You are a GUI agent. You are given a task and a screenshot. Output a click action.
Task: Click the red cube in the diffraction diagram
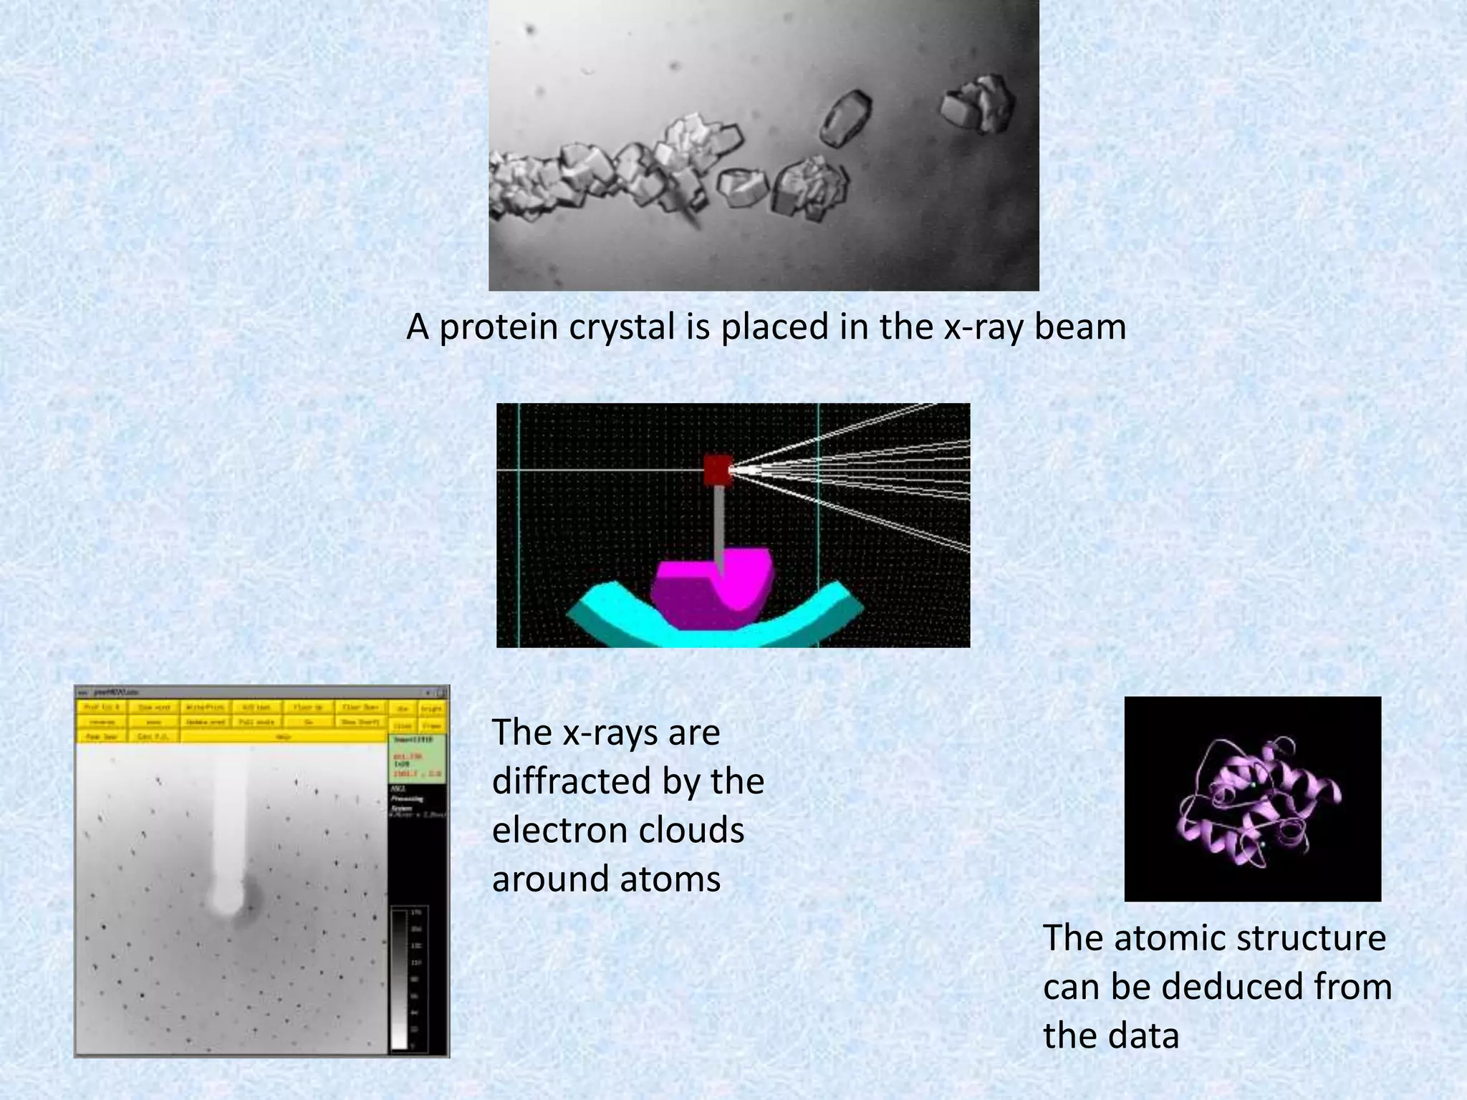(x=717, y=471)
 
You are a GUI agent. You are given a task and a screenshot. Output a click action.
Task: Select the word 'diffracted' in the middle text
(x=569, y=781)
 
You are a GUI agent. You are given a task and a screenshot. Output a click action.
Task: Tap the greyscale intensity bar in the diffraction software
(x=399, y=978)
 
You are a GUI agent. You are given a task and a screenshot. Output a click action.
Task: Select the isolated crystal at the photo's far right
(x=978, y=106)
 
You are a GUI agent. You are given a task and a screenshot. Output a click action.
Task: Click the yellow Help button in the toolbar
(x=284, y=736)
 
